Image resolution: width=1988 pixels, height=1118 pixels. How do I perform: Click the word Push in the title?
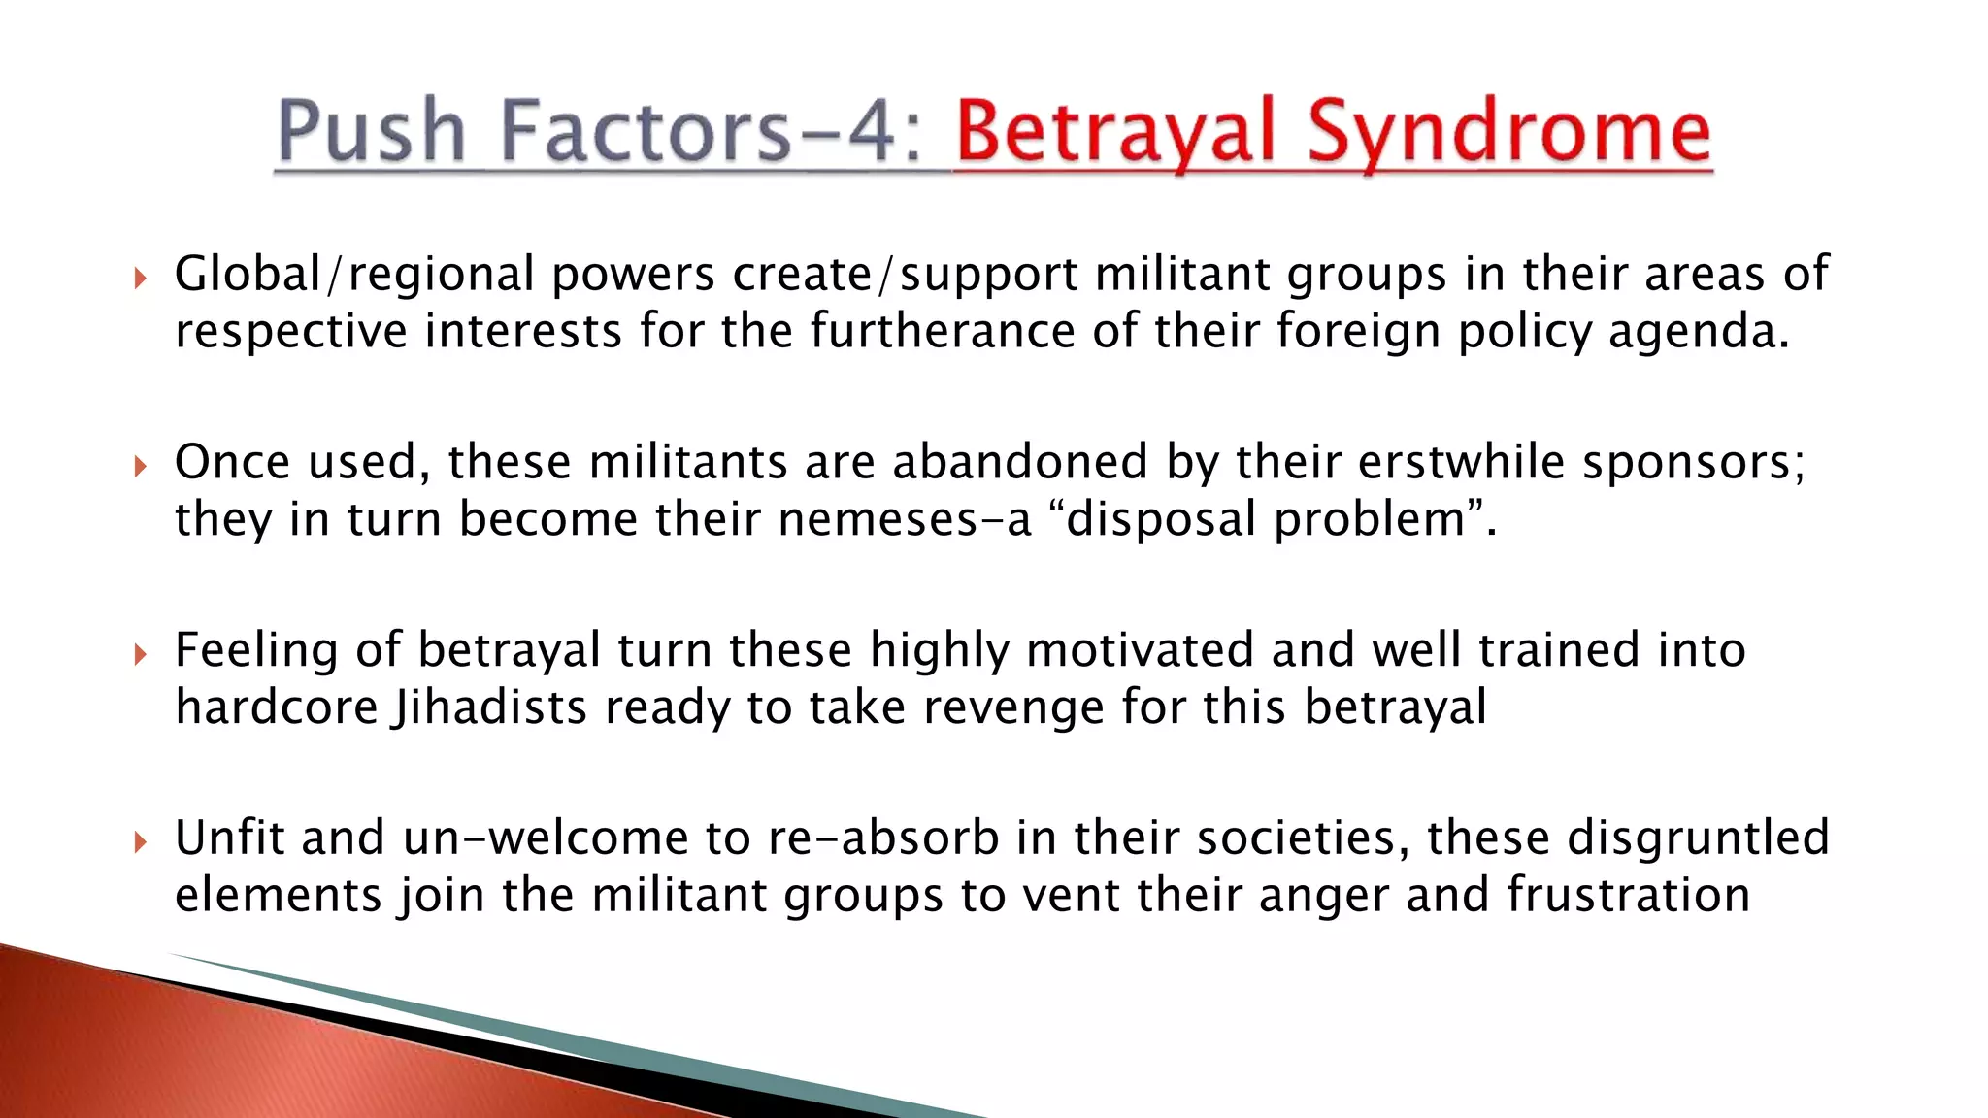coord(372,131)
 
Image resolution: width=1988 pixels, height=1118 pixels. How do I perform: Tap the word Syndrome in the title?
coord(1509,133)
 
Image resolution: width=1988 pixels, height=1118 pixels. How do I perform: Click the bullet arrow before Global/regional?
coord(141,279)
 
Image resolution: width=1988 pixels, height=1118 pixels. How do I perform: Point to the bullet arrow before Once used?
coord(141,467)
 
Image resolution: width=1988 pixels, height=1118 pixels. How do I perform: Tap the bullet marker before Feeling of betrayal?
coord(141,655)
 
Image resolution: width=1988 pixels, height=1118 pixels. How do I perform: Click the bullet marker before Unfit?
coord(141,842)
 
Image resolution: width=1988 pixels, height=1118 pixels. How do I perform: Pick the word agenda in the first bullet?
coord(1698,333)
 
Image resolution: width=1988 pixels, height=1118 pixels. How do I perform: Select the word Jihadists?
coord(489,707)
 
